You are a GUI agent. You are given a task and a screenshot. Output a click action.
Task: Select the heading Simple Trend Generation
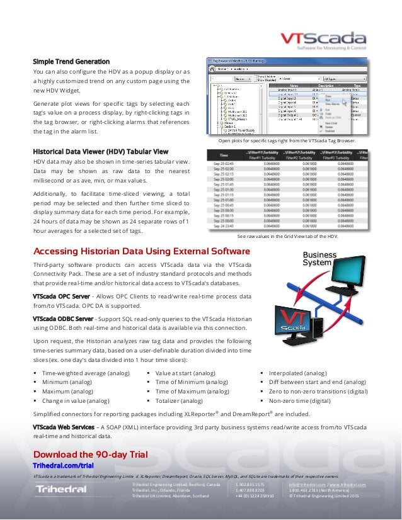coord(71,62)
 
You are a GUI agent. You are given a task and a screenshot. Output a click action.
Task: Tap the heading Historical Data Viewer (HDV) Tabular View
coord(100,152)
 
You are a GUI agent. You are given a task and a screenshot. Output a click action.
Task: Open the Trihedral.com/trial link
coord(63,465)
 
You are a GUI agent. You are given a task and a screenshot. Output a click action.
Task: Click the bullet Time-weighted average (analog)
coord(86,373)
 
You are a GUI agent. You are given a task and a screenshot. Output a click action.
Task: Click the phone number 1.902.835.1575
coord(250,484)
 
